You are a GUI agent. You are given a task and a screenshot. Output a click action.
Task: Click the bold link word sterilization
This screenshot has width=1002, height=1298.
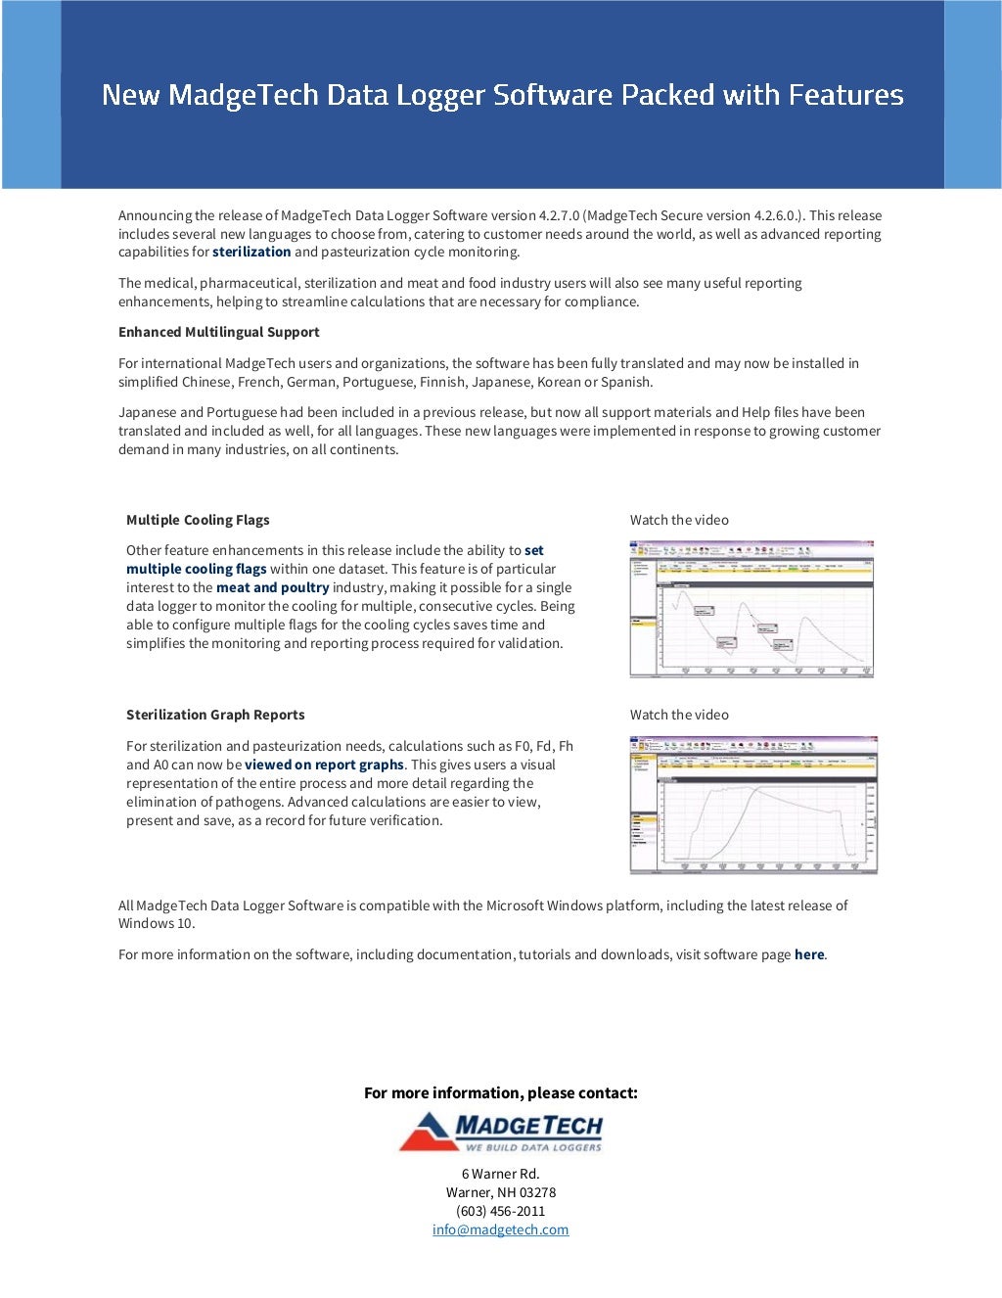(x=251, y=252)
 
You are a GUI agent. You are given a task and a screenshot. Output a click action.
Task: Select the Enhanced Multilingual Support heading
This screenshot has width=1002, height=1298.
(x=218, y=332)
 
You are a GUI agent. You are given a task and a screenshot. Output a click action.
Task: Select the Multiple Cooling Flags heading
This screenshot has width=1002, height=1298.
(x=198, y=520)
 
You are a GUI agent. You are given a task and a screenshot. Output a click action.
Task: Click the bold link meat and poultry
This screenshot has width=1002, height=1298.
(x=272, y=587)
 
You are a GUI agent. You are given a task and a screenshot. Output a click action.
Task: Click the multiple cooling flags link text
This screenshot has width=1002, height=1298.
(x=196, y=569)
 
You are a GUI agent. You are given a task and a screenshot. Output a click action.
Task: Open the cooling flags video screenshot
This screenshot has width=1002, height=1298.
(x=751, y=609)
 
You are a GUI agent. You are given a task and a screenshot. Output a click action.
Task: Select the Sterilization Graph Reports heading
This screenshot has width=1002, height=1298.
(x=215, y=715)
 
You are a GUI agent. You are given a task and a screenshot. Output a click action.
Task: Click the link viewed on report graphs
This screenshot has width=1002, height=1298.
(x=324, y=765)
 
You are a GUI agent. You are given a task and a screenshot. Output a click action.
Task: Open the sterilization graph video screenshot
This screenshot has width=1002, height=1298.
(x=753, y=805)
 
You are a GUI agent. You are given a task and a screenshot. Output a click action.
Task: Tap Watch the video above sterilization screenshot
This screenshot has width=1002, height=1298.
(x=679, y=715)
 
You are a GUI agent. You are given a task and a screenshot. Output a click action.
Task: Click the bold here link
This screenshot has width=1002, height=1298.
(x=808, y=954)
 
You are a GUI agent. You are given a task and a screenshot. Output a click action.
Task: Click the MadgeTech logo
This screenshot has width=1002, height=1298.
(x=501, y=1132)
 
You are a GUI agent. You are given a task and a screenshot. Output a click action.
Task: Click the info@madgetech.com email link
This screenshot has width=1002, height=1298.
(x=500, y=1229)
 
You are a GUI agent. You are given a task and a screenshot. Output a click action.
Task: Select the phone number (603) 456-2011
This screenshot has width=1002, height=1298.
(x=500, y=1211)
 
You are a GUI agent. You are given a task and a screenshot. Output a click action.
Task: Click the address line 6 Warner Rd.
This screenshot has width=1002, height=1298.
(x=500, y=1174)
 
